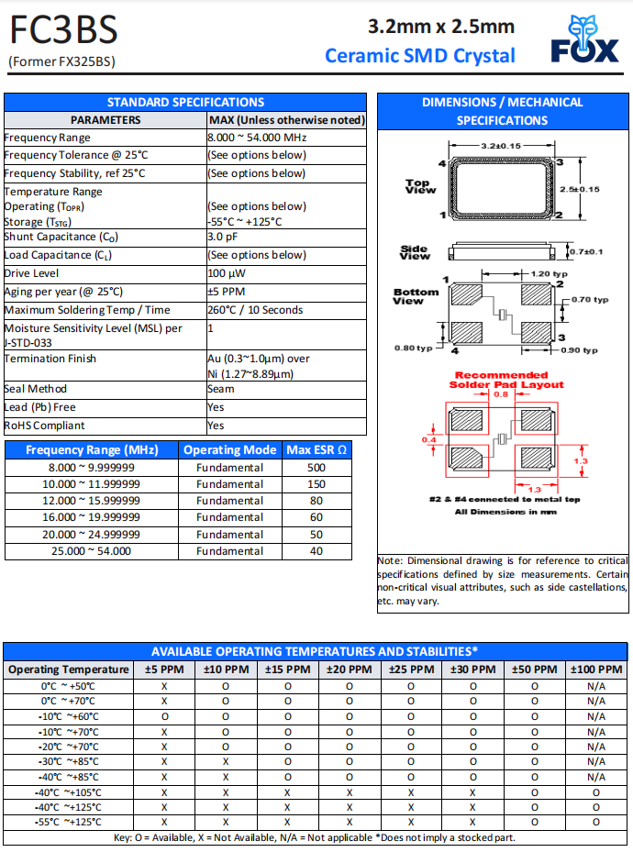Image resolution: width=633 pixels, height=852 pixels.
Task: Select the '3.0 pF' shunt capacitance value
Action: coord(223,237)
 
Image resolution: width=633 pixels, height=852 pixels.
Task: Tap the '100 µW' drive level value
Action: coord(227,273)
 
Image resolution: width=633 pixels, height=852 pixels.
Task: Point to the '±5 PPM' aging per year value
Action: coord(227,292)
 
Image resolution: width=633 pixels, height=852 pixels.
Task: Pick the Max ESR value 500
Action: coord(316,468)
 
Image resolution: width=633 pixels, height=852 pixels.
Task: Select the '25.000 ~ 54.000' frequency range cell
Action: coord(91,551)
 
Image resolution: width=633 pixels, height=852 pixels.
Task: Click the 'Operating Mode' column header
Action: coord(229,450)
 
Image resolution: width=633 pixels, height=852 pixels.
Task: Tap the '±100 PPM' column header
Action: coord(596,669)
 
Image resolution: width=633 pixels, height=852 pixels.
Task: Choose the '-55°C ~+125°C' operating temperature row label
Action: coord(71,822)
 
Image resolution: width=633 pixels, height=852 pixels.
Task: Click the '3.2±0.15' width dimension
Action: coord(501,146)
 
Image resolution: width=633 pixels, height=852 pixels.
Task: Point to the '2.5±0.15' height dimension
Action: coord(580,189)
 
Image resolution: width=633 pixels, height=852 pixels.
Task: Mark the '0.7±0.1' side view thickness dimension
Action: coord(584,251)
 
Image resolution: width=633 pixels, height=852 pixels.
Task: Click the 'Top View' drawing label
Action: coord(420,187)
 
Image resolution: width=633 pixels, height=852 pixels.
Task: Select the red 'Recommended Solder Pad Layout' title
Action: coord(501,380)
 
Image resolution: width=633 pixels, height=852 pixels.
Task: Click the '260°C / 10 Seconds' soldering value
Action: coord(255,310)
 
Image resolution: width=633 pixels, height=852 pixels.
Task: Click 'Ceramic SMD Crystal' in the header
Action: coord(420,56)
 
